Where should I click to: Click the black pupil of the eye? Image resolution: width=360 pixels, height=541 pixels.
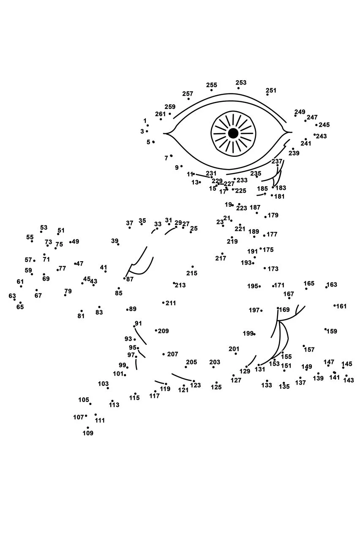[233, 133]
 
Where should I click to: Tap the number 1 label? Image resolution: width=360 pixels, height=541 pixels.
[145, 120]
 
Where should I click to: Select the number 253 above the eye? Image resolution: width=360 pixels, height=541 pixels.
[241, 82]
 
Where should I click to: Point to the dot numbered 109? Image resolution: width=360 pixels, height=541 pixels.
[88, 427]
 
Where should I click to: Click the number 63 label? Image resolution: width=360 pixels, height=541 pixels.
[12, 295]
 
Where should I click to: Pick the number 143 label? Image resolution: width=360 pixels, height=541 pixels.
[349, 380]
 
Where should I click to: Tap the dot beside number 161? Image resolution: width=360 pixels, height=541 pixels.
[335, 306]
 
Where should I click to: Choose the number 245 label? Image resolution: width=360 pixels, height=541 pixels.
[324, 125]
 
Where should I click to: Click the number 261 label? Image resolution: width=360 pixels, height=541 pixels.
[160, 114]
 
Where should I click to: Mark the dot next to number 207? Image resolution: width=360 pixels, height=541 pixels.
[164, 354]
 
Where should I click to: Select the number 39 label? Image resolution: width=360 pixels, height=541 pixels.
[115, 241]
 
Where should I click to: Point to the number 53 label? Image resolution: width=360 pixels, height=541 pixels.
[44, 227]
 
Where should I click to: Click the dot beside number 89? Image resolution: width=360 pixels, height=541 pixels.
[127, 310]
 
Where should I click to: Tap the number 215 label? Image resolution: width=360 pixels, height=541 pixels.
[192, 273]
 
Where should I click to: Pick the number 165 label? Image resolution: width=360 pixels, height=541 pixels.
[309, 283]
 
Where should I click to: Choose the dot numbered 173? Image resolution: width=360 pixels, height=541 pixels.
[265, 268]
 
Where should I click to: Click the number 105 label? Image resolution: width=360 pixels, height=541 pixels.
[84, 400]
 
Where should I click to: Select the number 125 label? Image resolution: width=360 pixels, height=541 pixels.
[216, 387]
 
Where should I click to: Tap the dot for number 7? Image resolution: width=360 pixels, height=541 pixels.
[171, 156]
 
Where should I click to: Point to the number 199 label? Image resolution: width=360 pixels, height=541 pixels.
[248, 333]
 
